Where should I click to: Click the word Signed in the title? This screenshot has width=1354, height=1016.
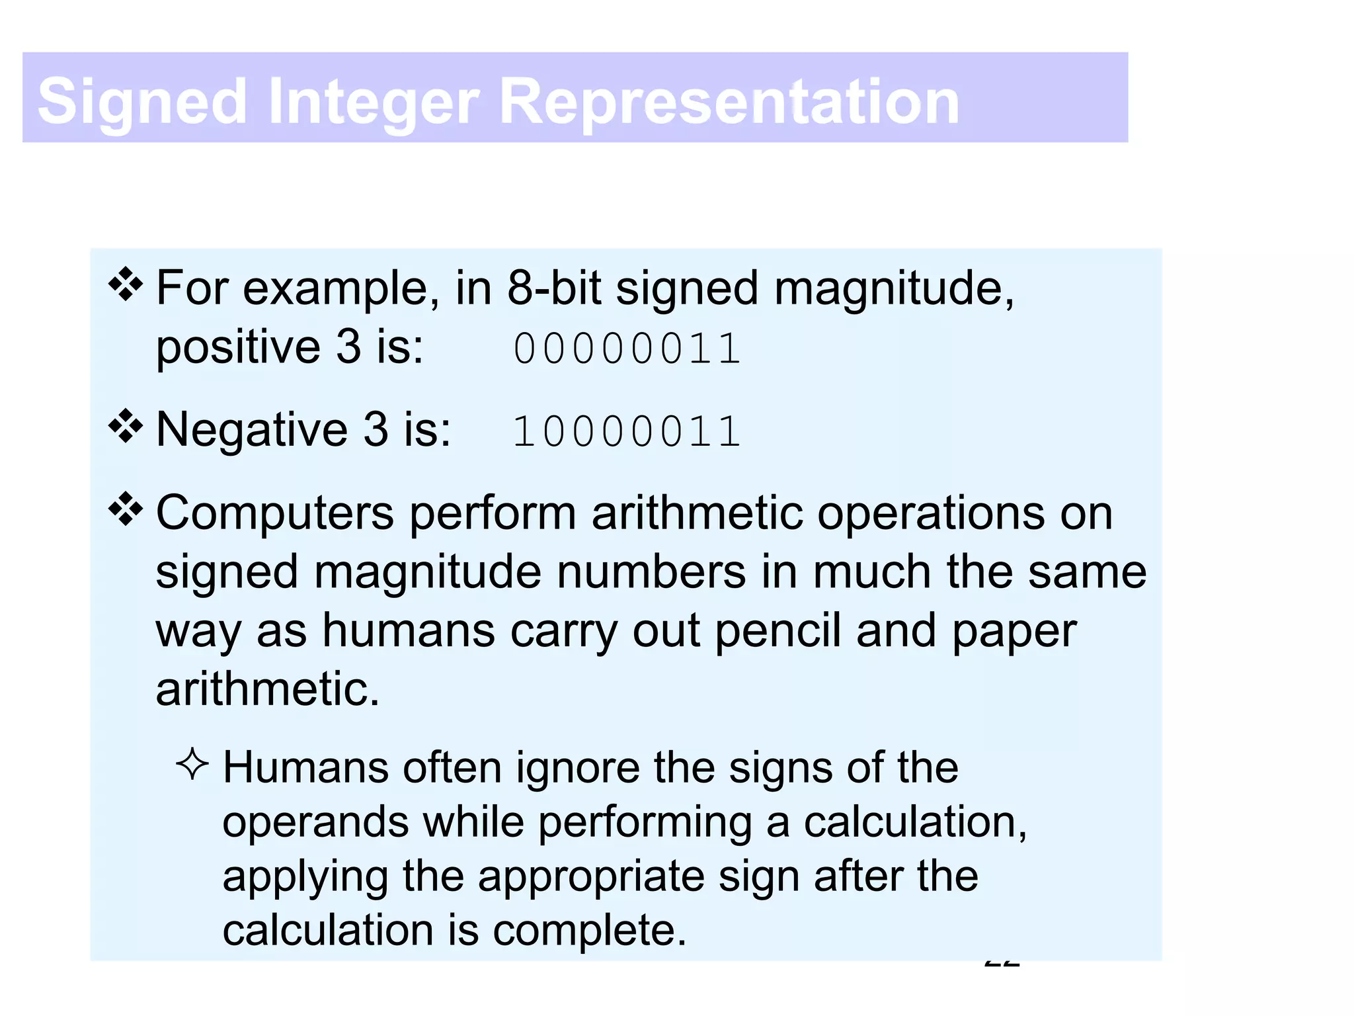point(142,102)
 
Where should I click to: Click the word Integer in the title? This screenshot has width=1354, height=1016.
point(374,102)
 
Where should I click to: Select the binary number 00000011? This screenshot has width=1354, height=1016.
point(627,349)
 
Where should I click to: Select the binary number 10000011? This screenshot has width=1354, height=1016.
point(627,431)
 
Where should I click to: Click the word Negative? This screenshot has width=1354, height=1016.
point(252,429)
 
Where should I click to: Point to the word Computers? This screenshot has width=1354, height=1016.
point(275,513)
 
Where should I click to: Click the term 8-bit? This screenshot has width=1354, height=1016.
point(554,288)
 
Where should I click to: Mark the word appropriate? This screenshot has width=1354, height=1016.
point(592,877)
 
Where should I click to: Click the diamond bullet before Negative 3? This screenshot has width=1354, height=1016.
point(126,427)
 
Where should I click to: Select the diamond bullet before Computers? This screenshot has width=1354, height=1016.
point(126,510)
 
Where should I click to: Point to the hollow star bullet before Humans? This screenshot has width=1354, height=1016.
point(192,765)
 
